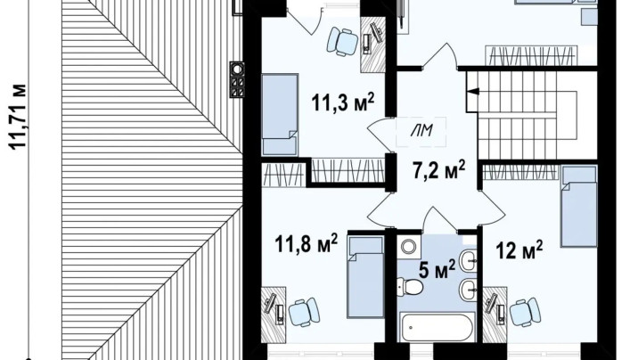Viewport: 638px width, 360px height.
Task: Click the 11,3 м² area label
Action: pyautogui.click(x=343, y=102)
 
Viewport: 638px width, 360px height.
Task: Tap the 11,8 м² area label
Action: pyautogui.click(x=307, y=243)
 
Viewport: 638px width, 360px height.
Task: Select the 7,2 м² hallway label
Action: pyautogui.click(x=439, y=169)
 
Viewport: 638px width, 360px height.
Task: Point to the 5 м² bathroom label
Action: pyautogui.click(x=437, y=269)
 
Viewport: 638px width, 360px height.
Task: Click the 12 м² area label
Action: pyautogui.click(x=519, y=250)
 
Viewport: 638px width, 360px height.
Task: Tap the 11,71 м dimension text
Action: pyautogui.click(x=19, y=117)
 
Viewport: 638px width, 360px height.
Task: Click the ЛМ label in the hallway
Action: pyautogui.click(x=421, y=131)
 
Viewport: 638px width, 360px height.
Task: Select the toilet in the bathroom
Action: pyautogui.click(x=410, y=287)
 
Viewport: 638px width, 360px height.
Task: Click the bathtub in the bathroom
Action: pyautogui.click(x=437, y=327)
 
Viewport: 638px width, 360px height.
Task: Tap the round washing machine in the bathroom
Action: pyautogui.click(x=408, y=246)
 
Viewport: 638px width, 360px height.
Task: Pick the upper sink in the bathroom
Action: pyautogui.click(x=469, y=259)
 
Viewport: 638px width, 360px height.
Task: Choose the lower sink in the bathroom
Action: pyautogui.click(x=469, y=290)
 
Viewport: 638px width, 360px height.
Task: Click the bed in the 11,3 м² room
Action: pyautogui.click(x=280, y=114)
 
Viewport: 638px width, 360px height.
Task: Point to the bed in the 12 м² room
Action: pyautogui.click(x=579, y=206)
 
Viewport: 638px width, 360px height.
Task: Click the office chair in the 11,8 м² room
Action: pyautogui.click(x=304, y=312)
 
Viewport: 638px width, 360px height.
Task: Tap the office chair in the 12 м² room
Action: pyautogui.click(x=525, y=312)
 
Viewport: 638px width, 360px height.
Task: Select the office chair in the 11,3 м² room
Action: pyautogui.click(x=343, y=41)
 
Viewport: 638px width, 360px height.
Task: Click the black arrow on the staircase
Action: pyautogui.click(x=473, y=92)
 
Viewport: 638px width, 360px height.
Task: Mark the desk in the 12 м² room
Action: pyautogui.click(x=495, y=315)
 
